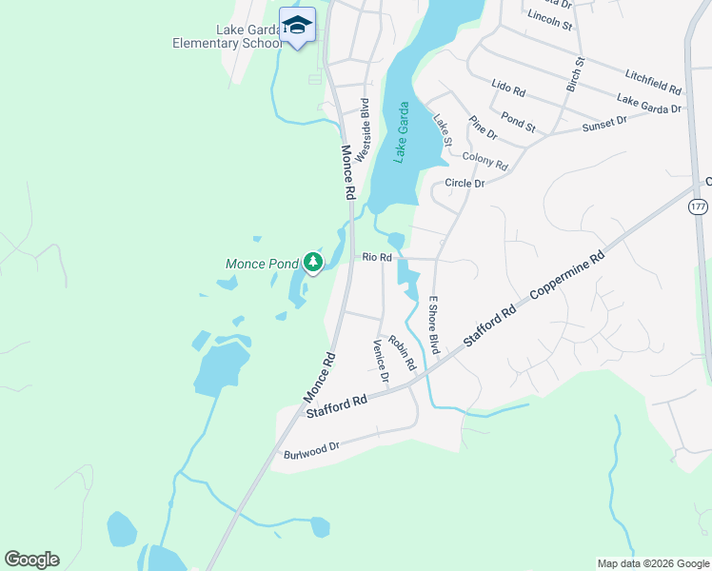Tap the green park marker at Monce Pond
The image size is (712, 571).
[x=312, y=262]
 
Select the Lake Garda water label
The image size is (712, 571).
[x=403, y=133]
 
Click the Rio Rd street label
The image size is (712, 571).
[x=377, y=257]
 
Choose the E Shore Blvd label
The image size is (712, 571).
[x=433, y=325]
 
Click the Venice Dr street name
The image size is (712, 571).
[x=382, y=361]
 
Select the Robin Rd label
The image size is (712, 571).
[x=403, y=352]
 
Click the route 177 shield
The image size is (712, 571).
[x=698, y=207]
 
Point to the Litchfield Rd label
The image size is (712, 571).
[x=653, y=81]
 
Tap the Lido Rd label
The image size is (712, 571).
[x=508, y=89]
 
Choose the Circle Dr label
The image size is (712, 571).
[x=465, y=183]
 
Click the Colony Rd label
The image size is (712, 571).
[x=485, y=160]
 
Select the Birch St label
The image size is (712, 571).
[x=574, y=73]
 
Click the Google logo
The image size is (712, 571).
[x=31, y=559]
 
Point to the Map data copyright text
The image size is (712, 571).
[x=652, y=563]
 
